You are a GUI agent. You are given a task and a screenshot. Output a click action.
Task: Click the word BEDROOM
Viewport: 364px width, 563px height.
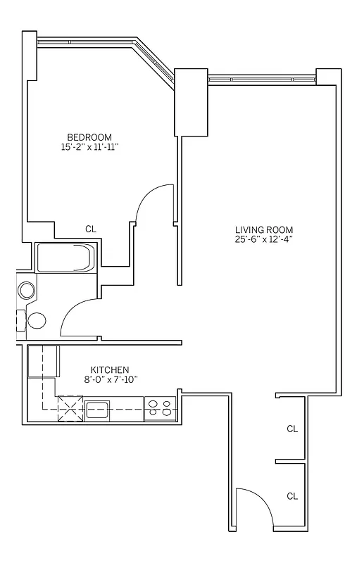pyautogui.click(x=89, y=137)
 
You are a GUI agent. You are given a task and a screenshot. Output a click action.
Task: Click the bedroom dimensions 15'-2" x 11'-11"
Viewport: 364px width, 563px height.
pyautogui.click(x=89, y=148)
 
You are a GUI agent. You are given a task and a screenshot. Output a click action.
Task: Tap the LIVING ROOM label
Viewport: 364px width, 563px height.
pyautogui.click(x=264, y=230)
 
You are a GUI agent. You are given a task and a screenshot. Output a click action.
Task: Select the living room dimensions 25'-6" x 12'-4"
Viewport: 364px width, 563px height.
pyautogui.click(x=264, y=240)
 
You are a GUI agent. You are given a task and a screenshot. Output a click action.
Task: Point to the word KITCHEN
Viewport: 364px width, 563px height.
pyautogui.click(x=110, y=369)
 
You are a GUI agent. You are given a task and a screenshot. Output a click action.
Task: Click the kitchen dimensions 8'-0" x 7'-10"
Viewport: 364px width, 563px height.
pyautogui.click(x=110, y=379)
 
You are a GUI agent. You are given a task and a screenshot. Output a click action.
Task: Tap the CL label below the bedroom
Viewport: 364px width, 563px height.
pyautogui.click(x=90, y=229)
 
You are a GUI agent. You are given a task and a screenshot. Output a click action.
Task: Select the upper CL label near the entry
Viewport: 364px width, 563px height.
pyautogui.click(x=292, y=429)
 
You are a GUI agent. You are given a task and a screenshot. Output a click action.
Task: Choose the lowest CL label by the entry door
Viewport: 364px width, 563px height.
pyautogui.click(x=292, y=496)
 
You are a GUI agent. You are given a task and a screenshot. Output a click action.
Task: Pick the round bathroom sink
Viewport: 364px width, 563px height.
pyautogui.click(x=27, y=290)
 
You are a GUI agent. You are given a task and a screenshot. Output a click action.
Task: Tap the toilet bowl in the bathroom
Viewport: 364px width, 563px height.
pyautogui.click(x=37, y=321)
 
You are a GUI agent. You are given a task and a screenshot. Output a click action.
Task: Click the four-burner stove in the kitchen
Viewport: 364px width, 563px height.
pyautogui.click(x=159, y=409)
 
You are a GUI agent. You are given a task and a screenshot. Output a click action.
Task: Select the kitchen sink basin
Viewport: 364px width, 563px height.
pyautogui.click(x=97, y=409)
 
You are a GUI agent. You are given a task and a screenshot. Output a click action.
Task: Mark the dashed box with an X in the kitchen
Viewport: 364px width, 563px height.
pyautogui.click(x=70, y=407)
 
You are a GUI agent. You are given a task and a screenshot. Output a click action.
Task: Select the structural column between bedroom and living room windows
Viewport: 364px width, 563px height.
pyautogui.click(x=191, y=103)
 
